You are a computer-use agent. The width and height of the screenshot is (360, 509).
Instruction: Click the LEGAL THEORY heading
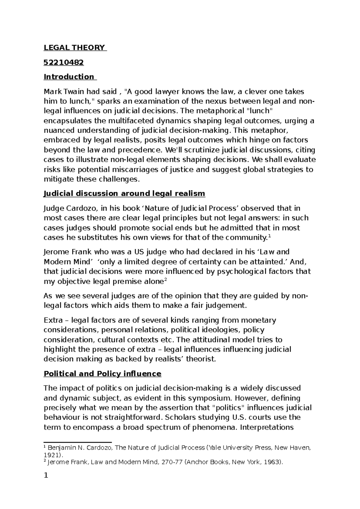[75, 48]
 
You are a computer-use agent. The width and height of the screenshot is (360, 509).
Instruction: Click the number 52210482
[64, 62]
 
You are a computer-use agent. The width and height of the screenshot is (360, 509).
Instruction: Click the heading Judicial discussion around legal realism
[124, 194]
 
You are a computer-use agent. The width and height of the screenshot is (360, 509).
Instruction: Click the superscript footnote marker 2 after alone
[166, 280]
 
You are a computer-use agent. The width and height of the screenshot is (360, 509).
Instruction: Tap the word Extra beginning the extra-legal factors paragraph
[53, 320]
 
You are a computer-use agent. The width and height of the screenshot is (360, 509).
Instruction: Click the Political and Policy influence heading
[103, 374]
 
